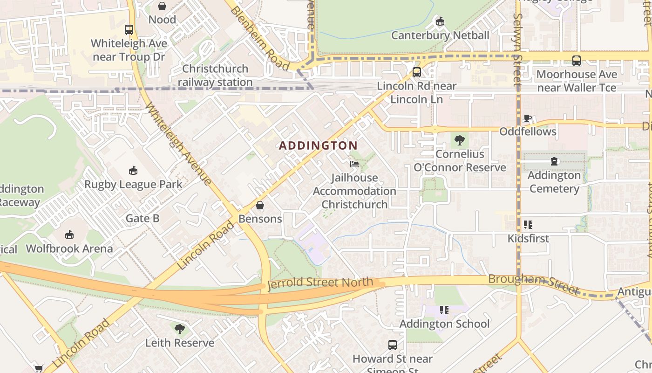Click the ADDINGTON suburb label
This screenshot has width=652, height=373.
319,145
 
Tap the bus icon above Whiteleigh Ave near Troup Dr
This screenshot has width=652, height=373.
129,30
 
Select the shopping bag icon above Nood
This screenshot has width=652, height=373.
162,6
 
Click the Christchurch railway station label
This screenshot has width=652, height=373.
215,76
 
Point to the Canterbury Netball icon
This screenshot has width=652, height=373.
440,21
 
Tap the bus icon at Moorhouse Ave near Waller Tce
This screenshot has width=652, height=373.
577,61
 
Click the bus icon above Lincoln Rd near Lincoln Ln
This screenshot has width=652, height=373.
417,72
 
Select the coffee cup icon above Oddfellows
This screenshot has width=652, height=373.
528,118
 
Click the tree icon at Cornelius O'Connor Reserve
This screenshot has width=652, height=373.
460,140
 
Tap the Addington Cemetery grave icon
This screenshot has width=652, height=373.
554,162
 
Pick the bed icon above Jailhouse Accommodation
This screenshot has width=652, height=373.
354,164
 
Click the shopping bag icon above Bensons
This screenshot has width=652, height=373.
260,205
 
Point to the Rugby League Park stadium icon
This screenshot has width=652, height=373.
133,171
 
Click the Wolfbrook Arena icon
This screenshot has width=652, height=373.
69,235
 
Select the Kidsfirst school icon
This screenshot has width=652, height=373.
528,225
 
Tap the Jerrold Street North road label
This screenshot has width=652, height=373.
320,283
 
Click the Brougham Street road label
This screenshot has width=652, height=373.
534,284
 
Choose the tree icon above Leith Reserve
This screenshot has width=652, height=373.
179,329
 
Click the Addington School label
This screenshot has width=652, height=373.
444,324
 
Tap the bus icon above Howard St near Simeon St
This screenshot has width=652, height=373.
393,345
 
